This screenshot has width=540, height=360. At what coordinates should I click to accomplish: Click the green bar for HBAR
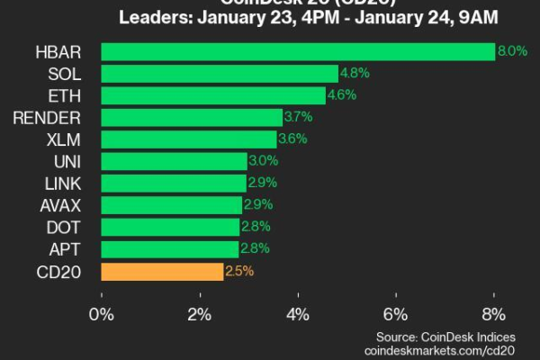tap(298, 52)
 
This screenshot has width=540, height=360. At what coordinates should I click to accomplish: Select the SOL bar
tap(220, 74)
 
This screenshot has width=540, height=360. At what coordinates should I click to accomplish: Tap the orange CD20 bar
tap(162, 271)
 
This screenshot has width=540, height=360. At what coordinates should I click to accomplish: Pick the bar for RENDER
tap(192, 118)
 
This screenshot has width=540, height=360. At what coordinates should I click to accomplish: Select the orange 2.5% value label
tap(238, 271)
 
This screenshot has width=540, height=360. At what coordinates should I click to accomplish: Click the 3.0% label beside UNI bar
tap(263, 161)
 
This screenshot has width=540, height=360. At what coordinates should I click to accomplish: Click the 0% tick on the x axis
tap(102, 314)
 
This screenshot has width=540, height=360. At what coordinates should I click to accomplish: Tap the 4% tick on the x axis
tap(298, 314)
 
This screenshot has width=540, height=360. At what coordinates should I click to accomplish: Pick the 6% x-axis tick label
tap(396, 314)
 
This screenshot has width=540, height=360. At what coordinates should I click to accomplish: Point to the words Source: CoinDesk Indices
tap(448, 334)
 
